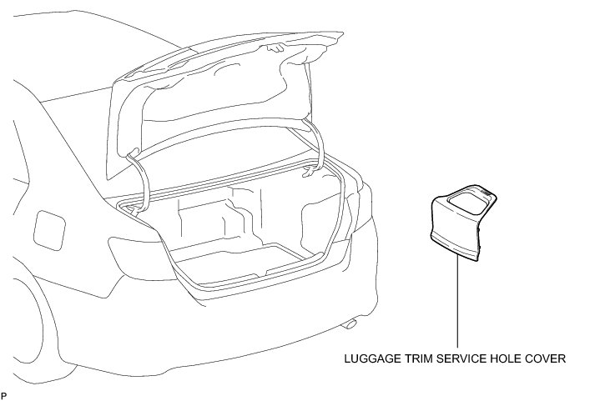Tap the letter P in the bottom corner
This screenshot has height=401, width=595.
tap(4, 393)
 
